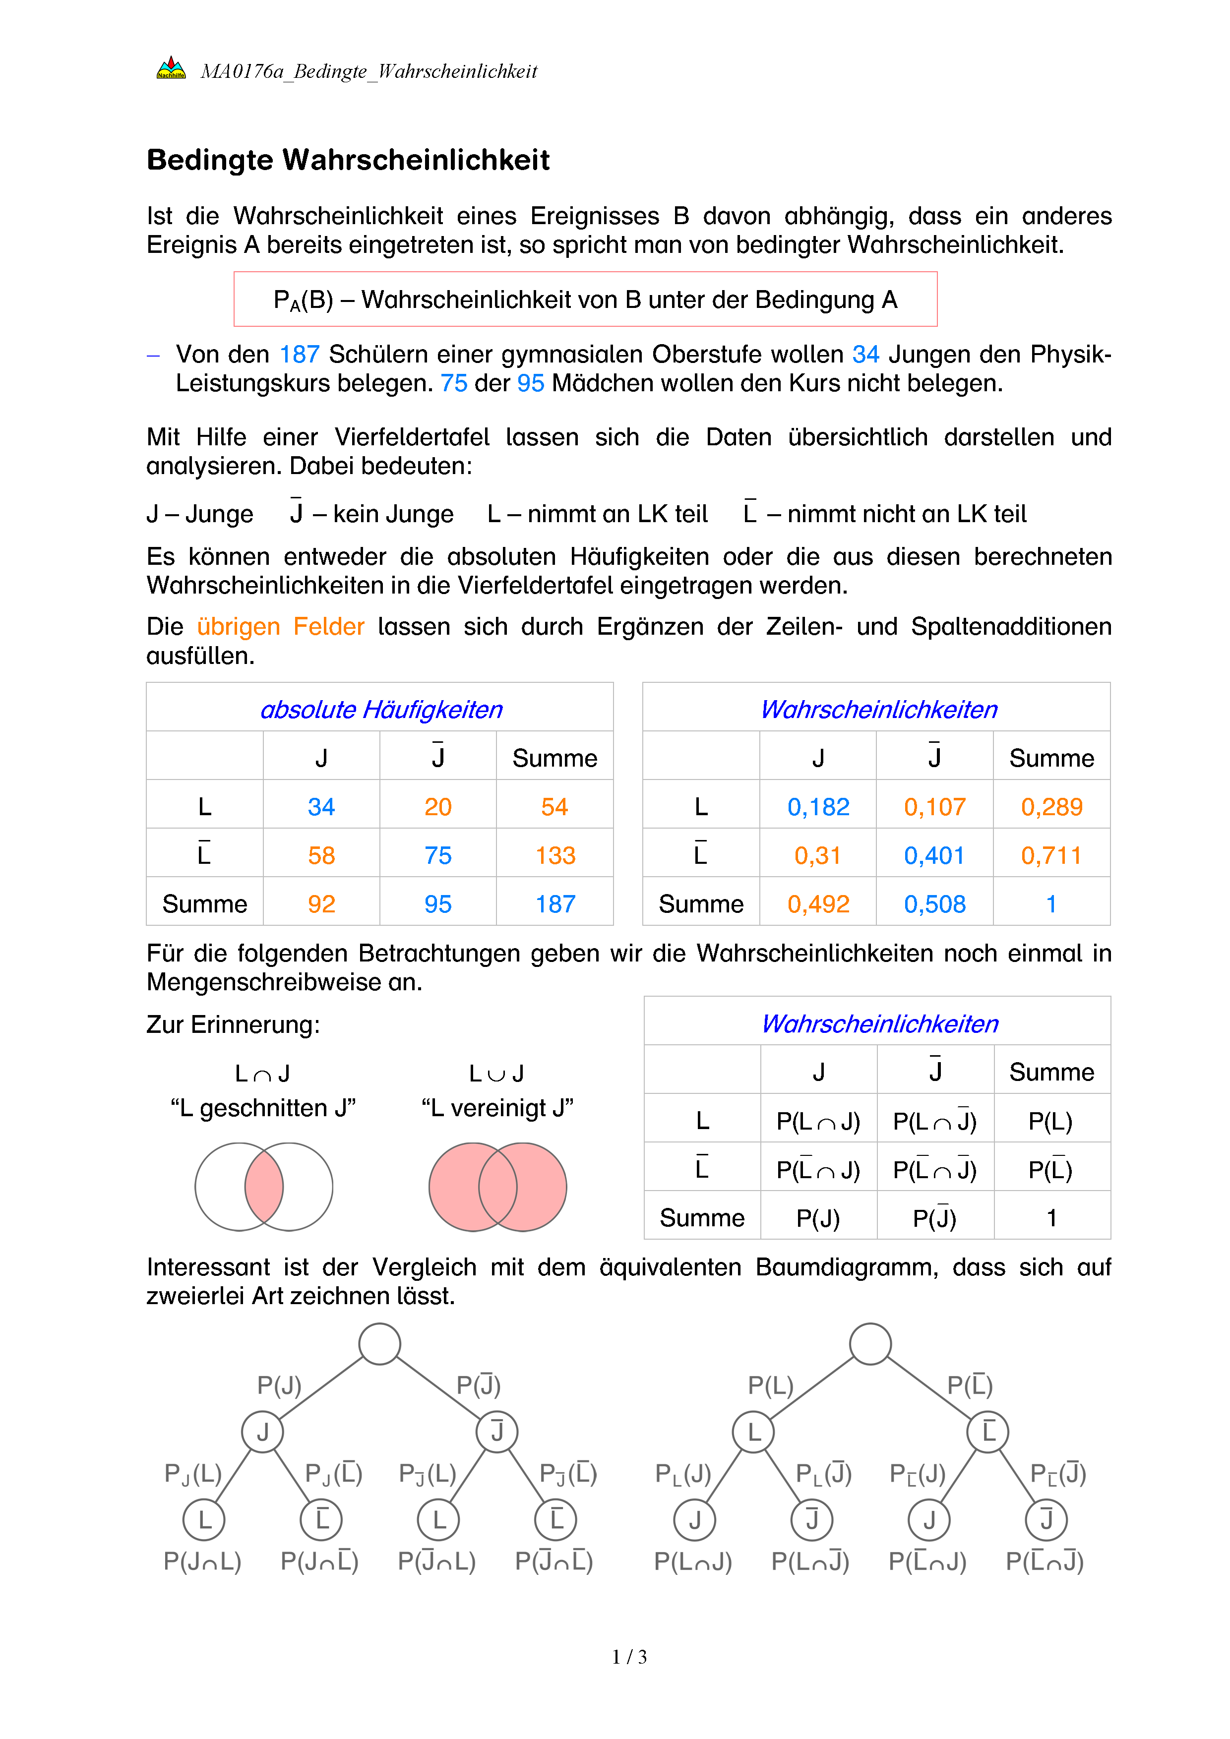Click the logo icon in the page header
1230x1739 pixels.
(171, 69)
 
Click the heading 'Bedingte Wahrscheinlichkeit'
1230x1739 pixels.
(348, 160)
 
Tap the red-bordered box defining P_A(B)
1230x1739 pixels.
(585, 299)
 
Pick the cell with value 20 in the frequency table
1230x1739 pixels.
(438, 807)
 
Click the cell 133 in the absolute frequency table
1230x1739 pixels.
(555, 855)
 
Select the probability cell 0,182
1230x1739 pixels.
(818, 807)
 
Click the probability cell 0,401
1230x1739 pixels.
(934, 855)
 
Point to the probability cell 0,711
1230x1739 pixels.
(1051, 855)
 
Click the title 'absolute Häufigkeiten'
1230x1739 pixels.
(381, 710)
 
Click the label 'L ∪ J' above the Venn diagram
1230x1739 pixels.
(497, 1073)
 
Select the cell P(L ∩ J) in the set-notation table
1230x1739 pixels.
(818, 1121)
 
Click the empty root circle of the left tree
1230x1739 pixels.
(379, 1344)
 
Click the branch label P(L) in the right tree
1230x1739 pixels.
(770, 1385)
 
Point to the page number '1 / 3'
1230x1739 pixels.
(628, 1657)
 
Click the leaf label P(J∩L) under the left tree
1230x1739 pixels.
(202, 1561)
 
